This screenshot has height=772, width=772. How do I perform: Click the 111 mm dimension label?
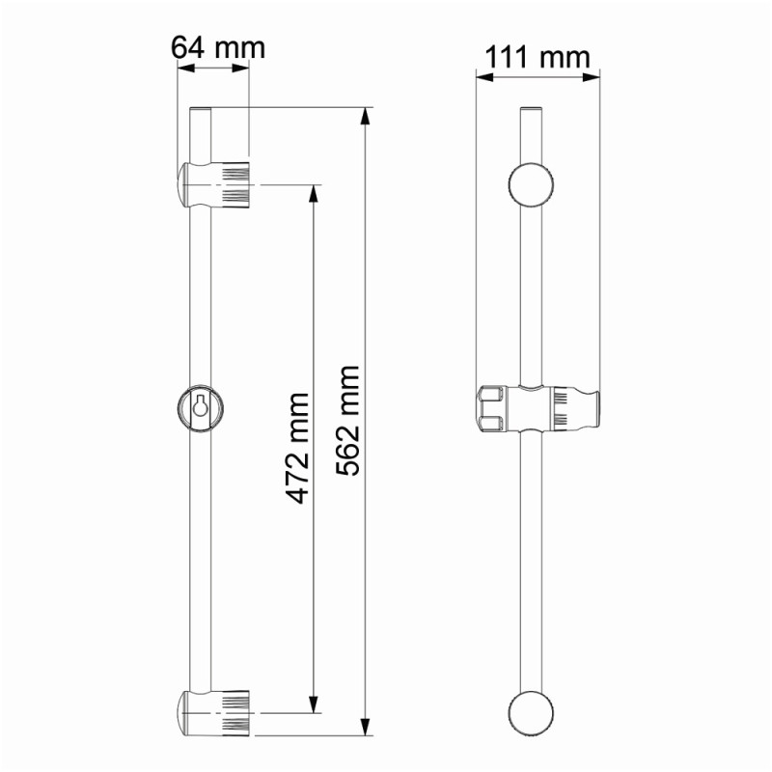coord(537,57)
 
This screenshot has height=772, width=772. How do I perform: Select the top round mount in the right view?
coord(532,185)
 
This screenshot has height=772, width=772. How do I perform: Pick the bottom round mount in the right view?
coord(532,715)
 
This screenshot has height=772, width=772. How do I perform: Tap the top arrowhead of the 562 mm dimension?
coord(365,116)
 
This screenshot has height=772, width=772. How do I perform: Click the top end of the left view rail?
coord(200,111)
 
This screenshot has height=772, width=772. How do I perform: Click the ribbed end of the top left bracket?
coord(235,184)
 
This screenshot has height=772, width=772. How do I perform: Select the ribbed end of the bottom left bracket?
coord(235,713)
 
